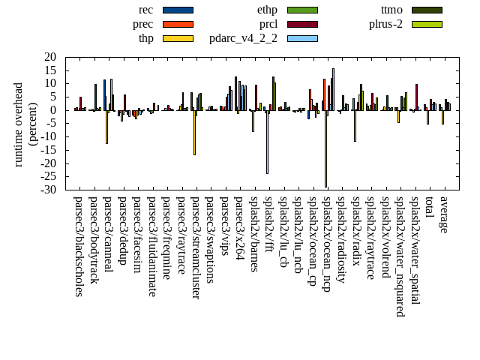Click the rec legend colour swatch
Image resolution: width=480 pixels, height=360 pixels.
coord(178,10)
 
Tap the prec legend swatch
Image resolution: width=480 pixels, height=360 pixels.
coord(178,24)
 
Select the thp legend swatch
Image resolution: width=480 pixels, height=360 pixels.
coord(178,38)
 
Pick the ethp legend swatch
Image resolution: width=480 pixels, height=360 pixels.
coord(302,10)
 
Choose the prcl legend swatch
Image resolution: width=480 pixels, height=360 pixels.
coord(302,24)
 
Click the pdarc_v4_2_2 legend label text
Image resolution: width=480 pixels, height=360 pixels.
coord(243,38)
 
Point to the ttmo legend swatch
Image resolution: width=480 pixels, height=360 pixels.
coord(427,10)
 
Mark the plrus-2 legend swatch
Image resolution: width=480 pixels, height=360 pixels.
coord(427,24)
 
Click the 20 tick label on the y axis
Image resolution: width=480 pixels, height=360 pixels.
coord(50,57)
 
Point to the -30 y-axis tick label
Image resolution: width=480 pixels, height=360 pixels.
coord(49,190)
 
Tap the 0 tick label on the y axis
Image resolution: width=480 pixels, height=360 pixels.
coord(53,110)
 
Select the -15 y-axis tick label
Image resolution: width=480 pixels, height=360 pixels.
coord(49,150)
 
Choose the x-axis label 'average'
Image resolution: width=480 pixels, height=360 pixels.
coord(444,214)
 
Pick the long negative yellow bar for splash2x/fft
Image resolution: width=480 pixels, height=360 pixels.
coord(267,142)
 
